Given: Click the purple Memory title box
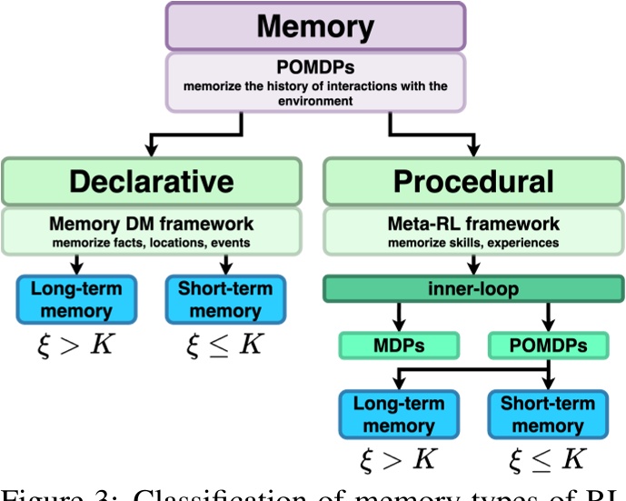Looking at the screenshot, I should click(x=315, y=25).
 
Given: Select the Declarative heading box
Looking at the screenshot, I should click(x=150, y=181).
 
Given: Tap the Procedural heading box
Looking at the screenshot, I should click(x=472, y=181).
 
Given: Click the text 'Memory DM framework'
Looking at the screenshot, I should click(x=151, y=222).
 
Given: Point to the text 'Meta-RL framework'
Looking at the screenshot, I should click(x=473, y=222).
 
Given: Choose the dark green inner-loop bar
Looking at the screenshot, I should click(x=473, y=290).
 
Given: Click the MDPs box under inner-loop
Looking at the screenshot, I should click(x=397, y=346).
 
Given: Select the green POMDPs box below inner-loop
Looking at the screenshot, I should click(x=548, y=346).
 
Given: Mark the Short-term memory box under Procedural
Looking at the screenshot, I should click(x=548, y=415).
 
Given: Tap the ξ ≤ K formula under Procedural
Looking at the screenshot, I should click(x=548, y=462).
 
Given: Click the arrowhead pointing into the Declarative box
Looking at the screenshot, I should click(x=150, y=148).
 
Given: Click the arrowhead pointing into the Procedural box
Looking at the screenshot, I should click(x=472, y=148).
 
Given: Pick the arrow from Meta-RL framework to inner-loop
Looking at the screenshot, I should click(x=473, y=266).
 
